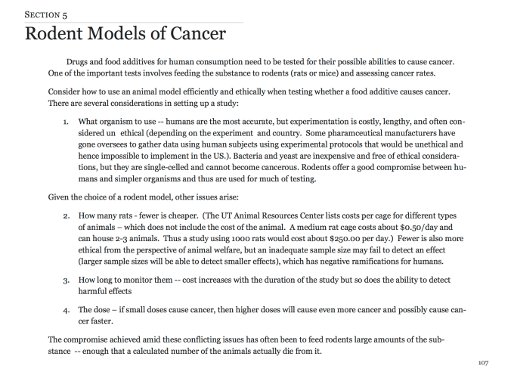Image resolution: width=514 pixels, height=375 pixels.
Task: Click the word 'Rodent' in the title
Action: click(x=61, y=34)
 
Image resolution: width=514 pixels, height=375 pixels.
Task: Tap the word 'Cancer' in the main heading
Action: click(x=190, y=34)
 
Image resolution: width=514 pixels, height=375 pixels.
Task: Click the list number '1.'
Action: click(x=67, y=120)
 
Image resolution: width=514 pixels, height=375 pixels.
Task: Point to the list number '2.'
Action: click(x=67, y=215)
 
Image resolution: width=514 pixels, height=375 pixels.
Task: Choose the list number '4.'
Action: click(x=67, y=311)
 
